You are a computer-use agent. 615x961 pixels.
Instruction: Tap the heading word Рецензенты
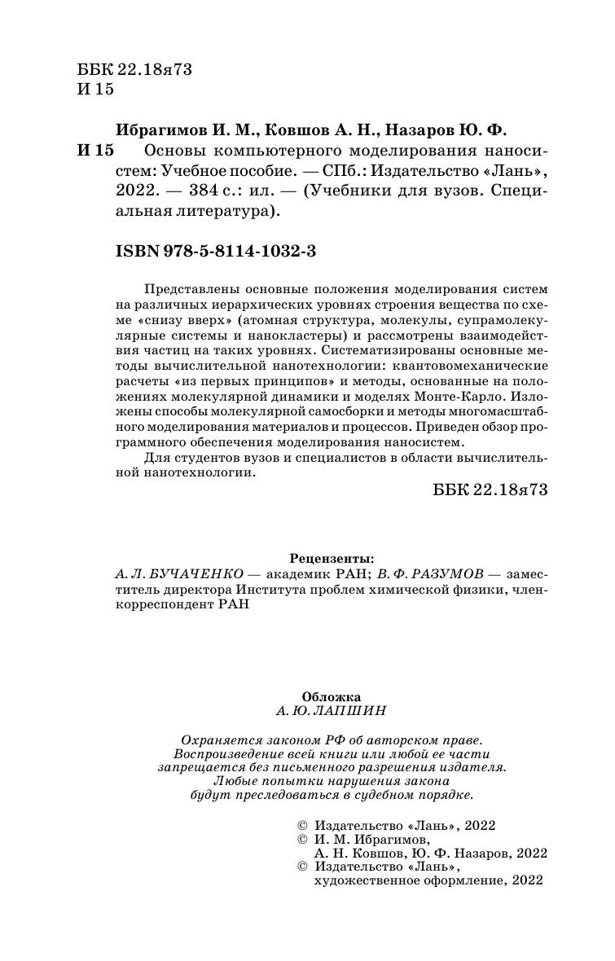pos(332,559)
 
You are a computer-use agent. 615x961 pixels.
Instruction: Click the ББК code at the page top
pos(134,70)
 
